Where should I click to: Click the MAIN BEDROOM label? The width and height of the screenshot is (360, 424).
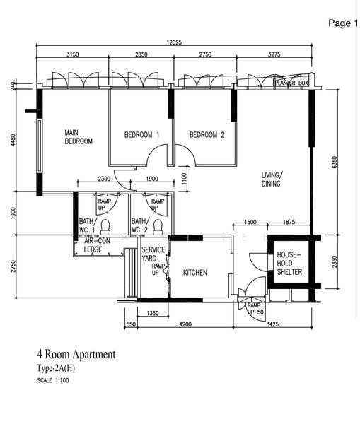pos(79,137)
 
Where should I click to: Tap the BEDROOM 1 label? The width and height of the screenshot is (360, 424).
pos(141,135)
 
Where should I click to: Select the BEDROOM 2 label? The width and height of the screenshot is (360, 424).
pos(207,135)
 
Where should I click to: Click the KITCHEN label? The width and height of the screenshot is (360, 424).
pos(195,273)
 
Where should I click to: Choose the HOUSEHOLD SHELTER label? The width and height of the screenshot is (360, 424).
pos(289,263)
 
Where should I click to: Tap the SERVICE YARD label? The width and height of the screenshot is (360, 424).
pos(153,254)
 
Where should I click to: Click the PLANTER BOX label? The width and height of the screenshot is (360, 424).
pos(291,83)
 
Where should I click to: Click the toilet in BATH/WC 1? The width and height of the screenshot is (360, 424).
pos(105,227)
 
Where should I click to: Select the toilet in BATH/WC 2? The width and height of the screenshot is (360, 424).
pos(158,227)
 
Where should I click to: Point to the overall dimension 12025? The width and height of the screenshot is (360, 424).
pos(174,42)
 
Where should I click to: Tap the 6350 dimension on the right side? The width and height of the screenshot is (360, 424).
pos(335,162)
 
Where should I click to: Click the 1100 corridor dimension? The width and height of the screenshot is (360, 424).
pos(184,178)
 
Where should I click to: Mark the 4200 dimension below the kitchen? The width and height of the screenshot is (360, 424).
pos(185,324)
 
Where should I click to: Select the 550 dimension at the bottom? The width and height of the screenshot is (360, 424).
pos(131,324)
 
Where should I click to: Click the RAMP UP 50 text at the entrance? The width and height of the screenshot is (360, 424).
pos(255,309)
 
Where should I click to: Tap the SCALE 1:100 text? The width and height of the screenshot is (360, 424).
pos(53,380)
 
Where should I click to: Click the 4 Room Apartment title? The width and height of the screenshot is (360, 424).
pos(76,354)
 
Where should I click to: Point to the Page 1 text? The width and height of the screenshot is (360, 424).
pos(343,23)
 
